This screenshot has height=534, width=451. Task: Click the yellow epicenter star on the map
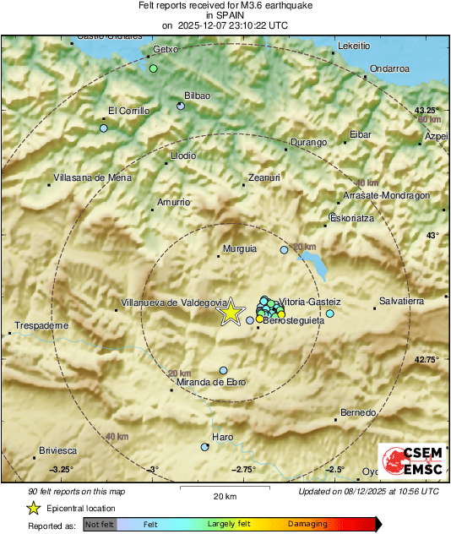[230, 313]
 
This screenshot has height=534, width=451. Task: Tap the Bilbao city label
[197, 96]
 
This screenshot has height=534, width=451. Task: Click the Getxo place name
[166, 49]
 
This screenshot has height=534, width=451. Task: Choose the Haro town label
[222, 437]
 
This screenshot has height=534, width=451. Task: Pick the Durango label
[308, 143]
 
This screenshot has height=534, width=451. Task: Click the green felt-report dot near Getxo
[154, 68]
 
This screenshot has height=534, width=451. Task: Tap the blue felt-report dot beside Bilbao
[181, 106]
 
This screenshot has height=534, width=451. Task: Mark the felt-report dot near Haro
[204, 447]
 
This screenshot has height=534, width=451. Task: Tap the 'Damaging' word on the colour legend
[307, 525]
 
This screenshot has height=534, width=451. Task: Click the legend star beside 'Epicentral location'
[33, 508]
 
